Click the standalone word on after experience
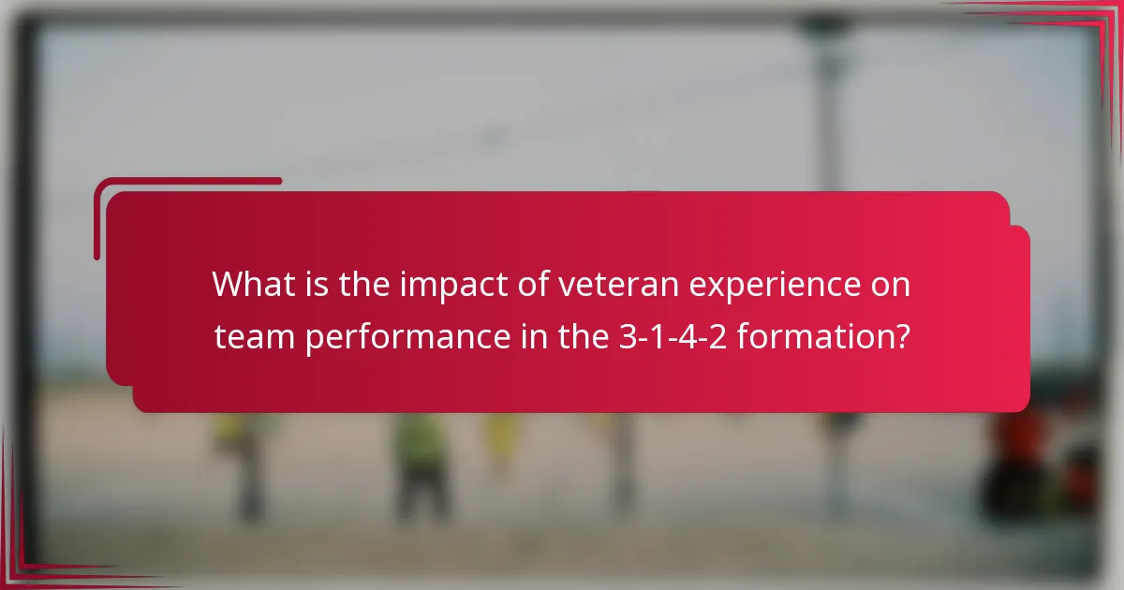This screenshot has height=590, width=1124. tap(891, 285)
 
